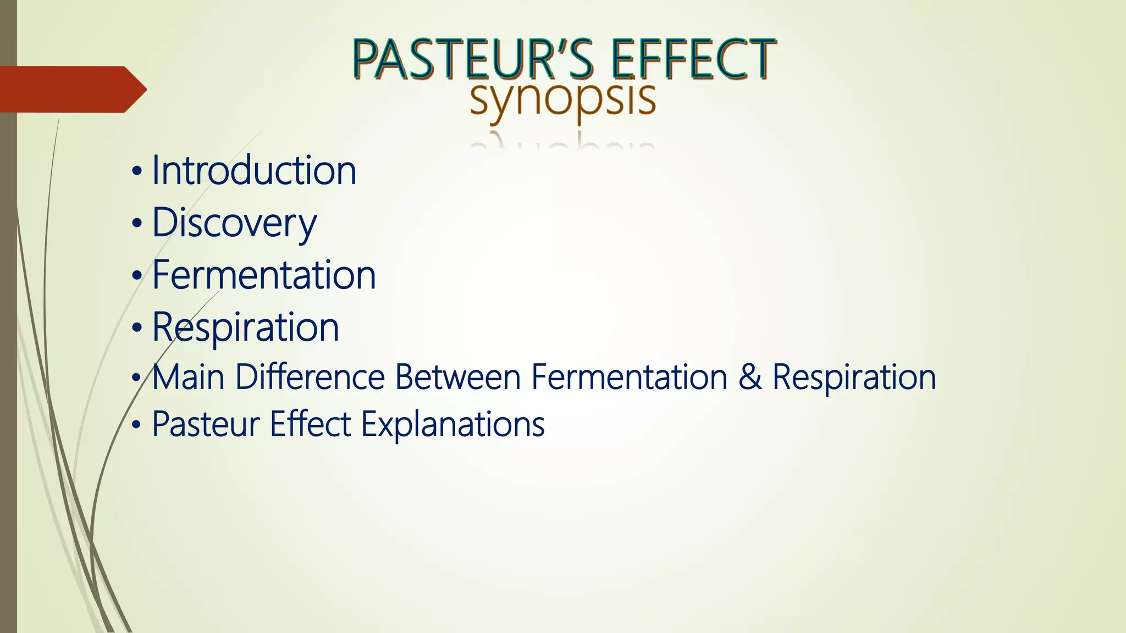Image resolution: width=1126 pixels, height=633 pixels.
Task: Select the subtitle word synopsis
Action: point(562,99)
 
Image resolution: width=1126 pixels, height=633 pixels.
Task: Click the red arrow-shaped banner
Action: point(71,89)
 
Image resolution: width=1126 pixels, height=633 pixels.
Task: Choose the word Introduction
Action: point(254,170)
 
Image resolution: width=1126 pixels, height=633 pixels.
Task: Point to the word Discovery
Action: point(234,223)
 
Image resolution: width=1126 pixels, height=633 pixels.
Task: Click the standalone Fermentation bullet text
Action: point(264,275)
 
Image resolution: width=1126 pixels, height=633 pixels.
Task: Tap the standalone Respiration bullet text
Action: point(245,327)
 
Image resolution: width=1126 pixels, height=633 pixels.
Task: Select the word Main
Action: point(188,377)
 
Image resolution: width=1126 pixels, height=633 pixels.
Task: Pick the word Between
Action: point(457,377)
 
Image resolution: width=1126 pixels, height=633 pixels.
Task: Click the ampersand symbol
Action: point(750,377)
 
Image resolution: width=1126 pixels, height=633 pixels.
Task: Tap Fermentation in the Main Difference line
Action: point(629,377)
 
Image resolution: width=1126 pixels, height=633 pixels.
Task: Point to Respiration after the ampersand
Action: point(854,377)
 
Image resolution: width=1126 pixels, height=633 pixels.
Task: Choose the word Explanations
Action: point(452,425)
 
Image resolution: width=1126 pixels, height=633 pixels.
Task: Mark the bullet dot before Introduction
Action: point(137,172)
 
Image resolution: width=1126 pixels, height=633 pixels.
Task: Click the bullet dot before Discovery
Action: point(137,224)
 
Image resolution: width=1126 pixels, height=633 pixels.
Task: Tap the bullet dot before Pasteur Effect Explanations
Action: point(137,425)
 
